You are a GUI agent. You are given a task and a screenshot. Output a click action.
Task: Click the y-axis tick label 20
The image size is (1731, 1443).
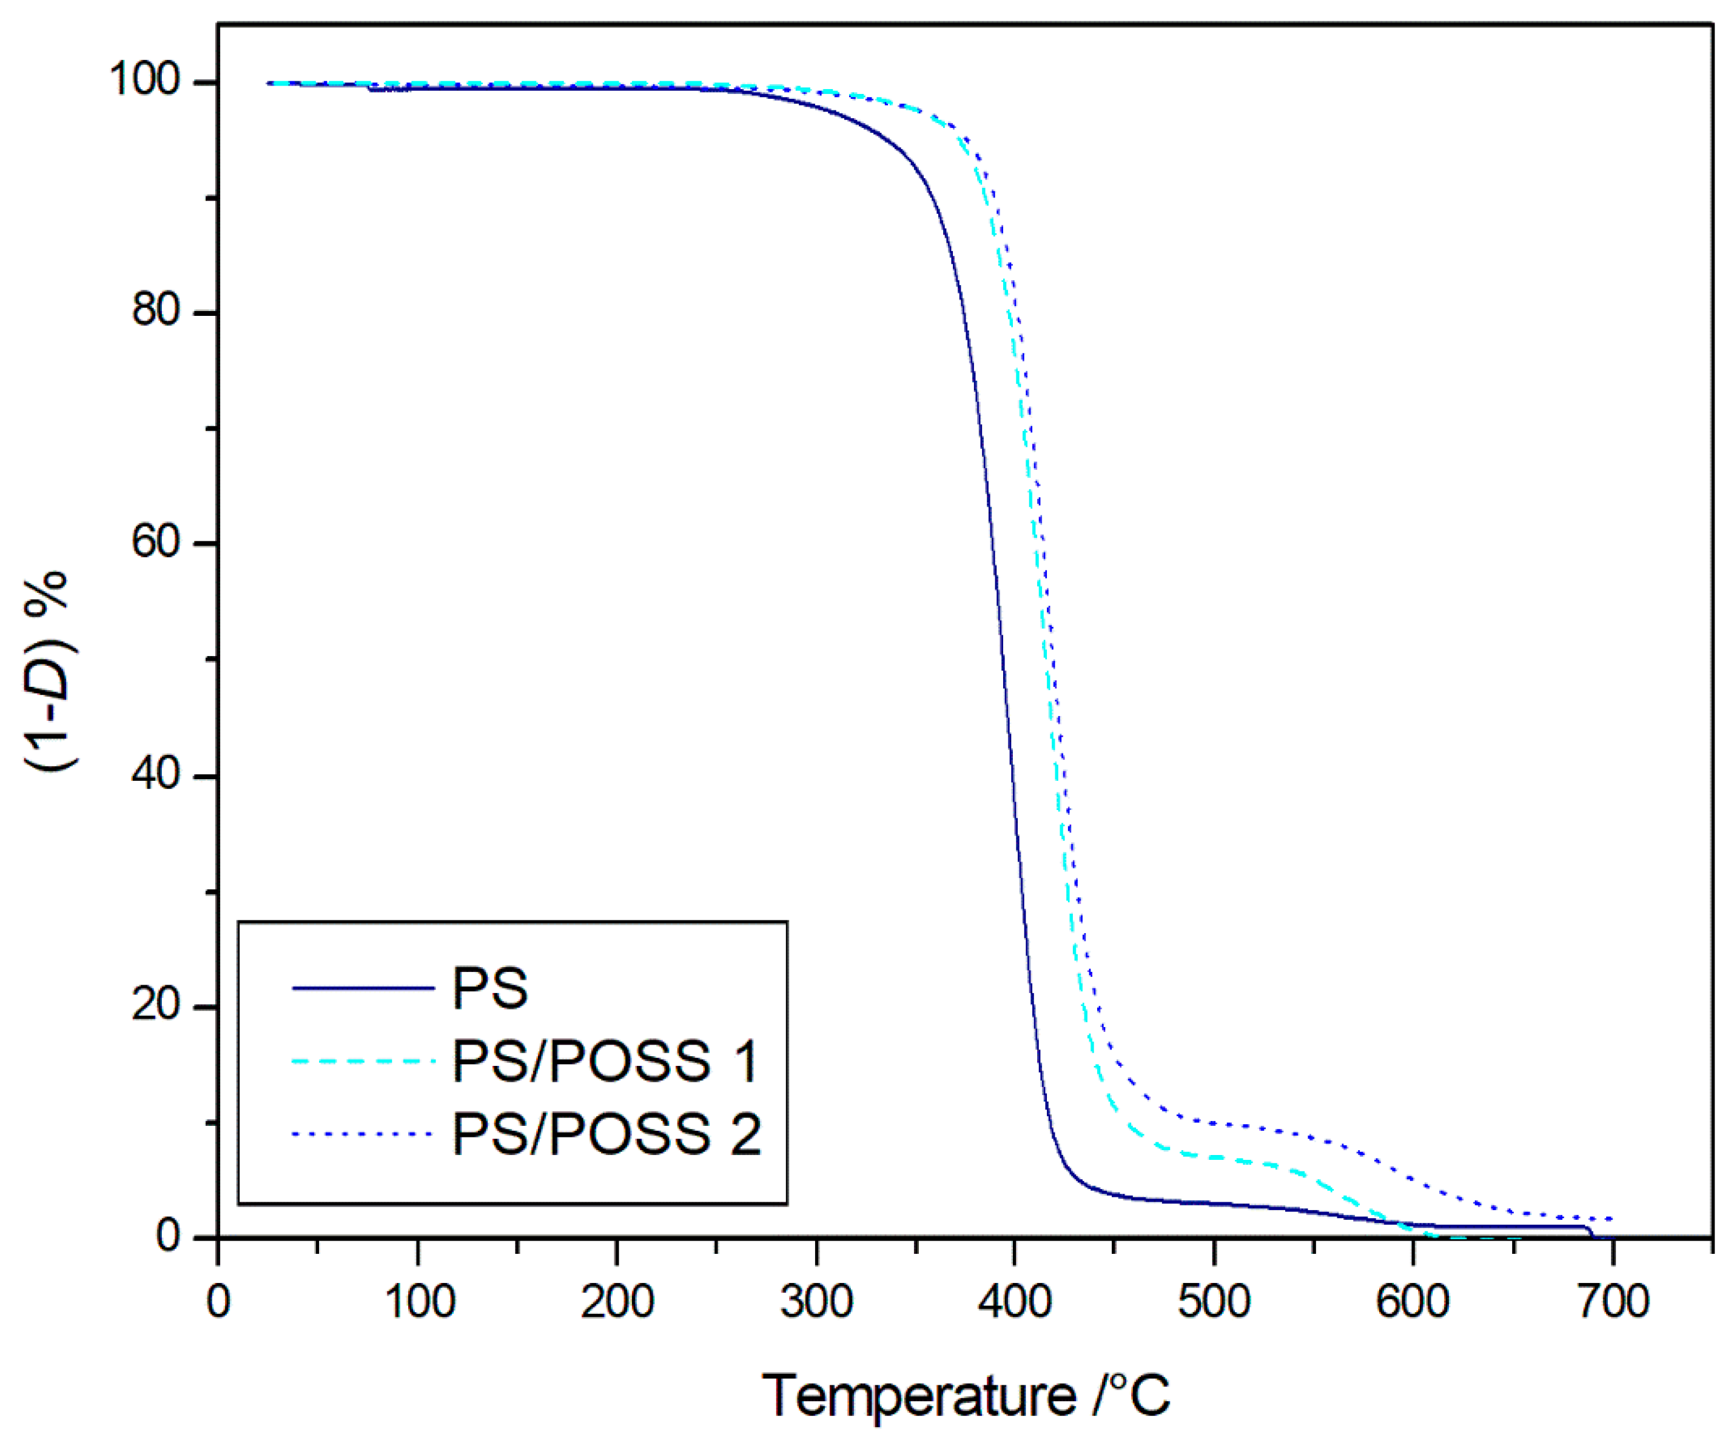tap(156, 1005)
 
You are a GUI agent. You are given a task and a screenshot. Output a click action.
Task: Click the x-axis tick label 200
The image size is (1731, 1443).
tap(617, 1302)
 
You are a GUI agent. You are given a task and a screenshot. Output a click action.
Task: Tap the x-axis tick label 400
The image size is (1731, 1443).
tap(1015, 1302)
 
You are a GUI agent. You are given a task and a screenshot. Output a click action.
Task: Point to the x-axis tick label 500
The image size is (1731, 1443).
tap(1214, 1302)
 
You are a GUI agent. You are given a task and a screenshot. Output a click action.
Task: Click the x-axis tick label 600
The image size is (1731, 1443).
tap(1413, 1302)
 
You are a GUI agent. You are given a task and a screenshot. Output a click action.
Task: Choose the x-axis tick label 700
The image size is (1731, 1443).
tap(1612, 1302)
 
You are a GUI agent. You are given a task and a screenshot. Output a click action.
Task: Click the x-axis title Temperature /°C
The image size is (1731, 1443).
tap(965, 1396)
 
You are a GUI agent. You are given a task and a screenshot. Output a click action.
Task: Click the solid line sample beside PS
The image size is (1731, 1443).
tap(363, 987)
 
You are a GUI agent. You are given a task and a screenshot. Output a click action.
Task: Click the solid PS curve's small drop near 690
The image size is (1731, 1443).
tap(1589, 1231)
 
